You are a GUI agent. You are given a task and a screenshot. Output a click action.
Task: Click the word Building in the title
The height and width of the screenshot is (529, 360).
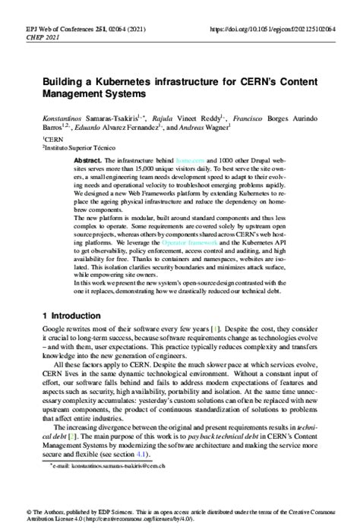coord(62,80)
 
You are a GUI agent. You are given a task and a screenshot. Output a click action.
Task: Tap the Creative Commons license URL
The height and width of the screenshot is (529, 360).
coord(153,521)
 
